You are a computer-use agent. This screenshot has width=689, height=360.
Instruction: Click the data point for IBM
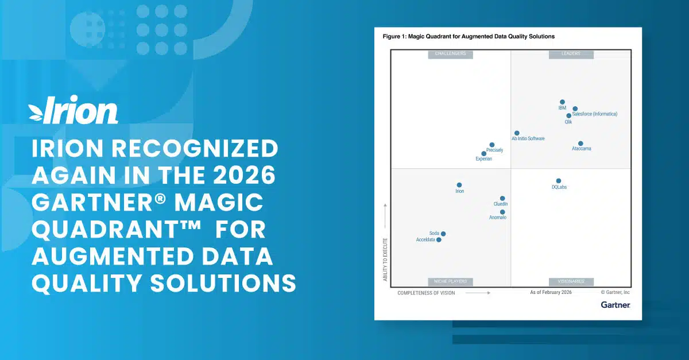point(562,102)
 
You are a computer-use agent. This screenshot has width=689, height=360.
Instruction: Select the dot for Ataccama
point(580,144)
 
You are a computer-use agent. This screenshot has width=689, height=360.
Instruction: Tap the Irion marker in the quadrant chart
point(459,185)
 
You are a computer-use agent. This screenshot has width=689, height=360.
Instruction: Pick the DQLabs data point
point(558,181)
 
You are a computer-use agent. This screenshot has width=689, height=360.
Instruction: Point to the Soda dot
point(443,234)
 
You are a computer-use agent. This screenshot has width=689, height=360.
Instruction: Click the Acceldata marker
point(439,240)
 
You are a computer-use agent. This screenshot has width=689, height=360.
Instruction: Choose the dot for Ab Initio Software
point(517,133)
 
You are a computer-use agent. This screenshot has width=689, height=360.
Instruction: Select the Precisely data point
point(492,145)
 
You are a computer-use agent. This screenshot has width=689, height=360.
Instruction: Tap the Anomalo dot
point(502,212)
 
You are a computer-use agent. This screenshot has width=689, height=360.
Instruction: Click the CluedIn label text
point(501,204)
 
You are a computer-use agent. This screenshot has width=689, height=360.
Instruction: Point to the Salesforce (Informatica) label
point(594,114)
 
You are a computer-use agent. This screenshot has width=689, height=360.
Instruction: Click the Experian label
point(483,159)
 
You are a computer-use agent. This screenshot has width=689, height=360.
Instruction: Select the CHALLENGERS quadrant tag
point(451,54)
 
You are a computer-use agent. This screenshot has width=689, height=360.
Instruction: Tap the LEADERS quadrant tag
point(571,54)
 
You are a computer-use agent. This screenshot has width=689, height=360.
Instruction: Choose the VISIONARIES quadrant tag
point(571,281)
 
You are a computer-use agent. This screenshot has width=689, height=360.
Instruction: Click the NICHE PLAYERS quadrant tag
point(451,281)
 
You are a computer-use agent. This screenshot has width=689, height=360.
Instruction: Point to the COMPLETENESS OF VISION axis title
point(426,293)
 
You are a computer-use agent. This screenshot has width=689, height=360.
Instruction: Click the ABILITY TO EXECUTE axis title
point(385,260)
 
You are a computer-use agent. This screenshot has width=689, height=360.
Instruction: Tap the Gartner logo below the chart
point(616,305)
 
